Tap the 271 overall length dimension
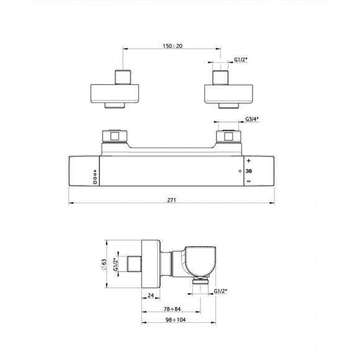pyautogui.click(x=172, y=200)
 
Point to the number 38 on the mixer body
pyautogui.click(x=249, y=170)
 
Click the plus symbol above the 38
pyautogui.click(x=249, y=160)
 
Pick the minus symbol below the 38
pyautogui.click(x=249, y=181)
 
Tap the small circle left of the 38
pyautogui.click(x=240, y=170)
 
